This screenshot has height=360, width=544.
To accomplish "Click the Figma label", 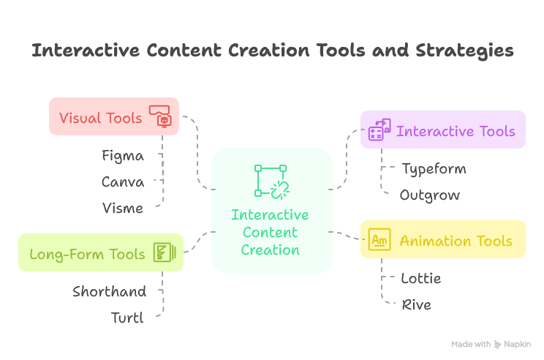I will [x=123, y=156].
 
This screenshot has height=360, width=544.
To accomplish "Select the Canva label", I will [x=123, y=182].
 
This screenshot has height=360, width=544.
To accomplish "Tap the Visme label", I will [x=123, y=209].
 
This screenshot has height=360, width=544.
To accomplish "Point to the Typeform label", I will [x=434, y=169].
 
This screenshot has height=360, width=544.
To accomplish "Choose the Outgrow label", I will [x=430, y=195].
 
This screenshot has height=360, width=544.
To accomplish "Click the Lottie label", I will [x=421, y=279].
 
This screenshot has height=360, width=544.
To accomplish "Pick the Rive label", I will [x=417, y=305].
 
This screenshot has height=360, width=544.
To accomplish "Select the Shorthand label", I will [x=109, y=292].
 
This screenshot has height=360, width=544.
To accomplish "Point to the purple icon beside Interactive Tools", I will [x=379, y=130].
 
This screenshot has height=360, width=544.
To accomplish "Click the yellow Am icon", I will [x=379, y=240].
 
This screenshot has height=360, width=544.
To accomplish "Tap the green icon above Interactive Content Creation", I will [x=271, y=181].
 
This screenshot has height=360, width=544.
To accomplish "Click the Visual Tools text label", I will [x=101, y=117].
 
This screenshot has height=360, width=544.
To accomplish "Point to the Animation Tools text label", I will [x=456, y=241].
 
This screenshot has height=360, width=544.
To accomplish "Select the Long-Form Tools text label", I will [x=87, y=255].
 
